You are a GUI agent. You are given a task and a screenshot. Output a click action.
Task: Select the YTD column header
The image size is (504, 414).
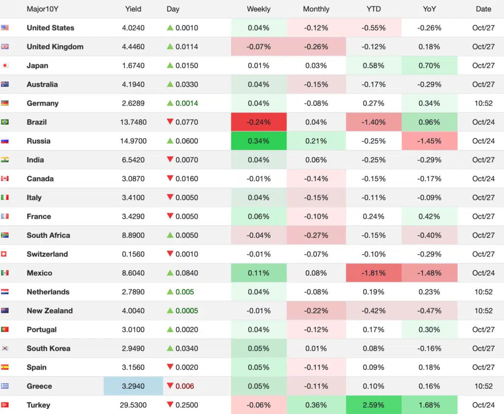tap(374, 9)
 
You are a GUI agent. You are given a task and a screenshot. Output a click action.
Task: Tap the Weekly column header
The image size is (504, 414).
tap(258, 9)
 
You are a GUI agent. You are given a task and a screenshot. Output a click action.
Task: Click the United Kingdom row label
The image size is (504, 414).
tap(55, 47)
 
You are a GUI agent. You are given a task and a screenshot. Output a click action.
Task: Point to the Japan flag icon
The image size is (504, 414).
tap(5, 65)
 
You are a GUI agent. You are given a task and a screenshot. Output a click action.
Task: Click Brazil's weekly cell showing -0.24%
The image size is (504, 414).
tap(259, 122)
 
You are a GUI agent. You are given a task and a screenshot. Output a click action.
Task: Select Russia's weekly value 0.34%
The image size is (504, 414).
tap(259, 141)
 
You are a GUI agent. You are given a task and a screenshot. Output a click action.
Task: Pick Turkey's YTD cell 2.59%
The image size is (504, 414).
tap(374, 405)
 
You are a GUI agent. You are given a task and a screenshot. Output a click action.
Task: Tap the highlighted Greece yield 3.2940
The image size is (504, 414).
tap(133, 386)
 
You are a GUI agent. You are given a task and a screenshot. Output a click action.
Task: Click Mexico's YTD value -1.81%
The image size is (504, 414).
tap(374, 273)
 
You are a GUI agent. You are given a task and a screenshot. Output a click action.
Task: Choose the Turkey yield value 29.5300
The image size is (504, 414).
tap(133, 405)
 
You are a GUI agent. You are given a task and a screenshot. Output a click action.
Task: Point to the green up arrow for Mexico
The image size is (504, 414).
tap(170, 273)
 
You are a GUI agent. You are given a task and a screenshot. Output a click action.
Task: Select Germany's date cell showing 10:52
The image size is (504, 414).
tap(483, 103)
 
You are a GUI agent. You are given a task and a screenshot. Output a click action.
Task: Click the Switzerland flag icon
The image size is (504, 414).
tap(5, 254)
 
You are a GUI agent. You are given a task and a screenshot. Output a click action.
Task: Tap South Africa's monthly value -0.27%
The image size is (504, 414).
tap(316, 235)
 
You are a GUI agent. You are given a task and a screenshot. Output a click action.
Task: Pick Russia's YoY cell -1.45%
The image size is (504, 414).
tap(429, 141)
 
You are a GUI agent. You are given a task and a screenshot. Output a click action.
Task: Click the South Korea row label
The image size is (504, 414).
tap(48, 349)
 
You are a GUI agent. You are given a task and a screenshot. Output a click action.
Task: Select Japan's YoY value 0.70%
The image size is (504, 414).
tap(429, 65)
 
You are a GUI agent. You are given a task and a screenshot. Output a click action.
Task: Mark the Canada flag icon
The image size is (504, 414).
tap(5, 179)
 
